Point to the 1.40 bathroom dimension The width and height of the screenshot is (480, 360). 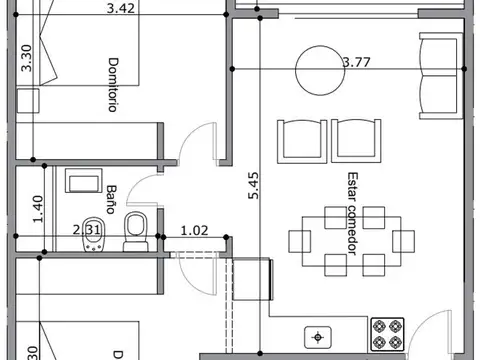pos(38,208)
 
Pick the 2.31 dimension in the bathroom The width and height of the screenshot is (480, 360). pos(90,229)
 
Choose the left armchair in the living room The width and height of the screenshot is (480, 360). pos(301,137)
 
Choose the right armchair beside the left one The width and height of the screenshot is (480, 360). pos(357,137)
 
